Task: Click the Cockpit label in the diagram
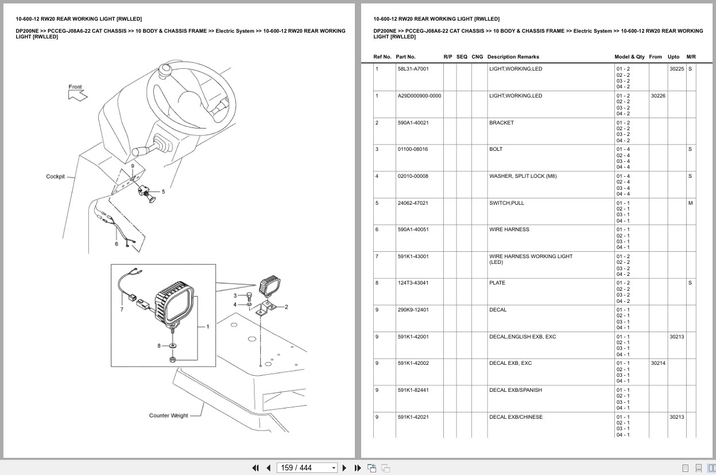tap(55, 177)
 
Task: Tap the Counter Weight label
tap(168, 415)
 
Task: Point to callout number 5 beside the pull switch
tap(163, 192)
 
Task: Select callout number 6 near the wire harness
tap(117, 244)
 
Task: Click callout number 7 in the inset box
tap(121, 310)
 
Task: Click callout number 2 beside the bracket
tap(286, 307)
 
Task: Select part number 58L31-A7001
tap(413, 69)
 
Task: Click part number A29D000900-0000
tap(419, 96)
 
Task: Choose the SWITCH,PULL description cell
tap(506, 203)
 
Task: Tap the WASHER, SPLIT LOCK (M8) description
tap(523, 176)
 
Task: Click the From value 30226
tap(658, 96)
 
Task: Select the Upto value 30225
tap(676, 69)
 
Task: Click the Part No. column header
tap(405, 57)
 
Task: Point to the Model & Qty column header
tap(629, 57)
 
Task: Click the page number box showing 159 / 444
tap(307, 468)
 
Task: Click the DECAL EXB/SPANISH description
tap(515, 390)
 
